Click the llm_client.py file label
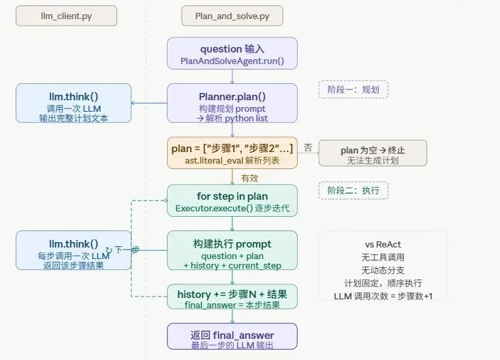(x=66, y=16)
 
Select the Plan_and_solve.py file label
(x=222, y=16)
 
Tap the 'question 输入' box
(x=232, y=55)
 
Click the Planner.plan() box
(x=232, y=103)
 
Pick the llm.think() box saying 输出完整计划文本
(x=74, y=103)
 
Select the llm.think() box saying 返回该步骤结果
(x=74, y=250)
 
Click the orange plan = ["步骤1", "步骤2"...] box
(x=232, y=153)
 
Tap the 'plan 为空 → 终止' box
(x=373, y=153)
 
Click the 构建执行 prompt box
(x=232, y=250)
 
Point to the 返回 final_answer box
(x=232, y=340)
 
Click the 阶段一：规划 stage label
(x=353, y=90)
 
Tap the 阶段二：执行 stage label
(x=353, y=190)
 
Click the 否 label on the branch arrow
(x=308, y=147)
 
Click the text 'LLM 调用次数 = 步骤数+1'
(x=384, y=295)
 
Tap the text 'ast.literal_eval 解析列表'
(x=232, y=160)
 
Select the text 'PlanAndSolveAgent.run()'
(x=232, y=61)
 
